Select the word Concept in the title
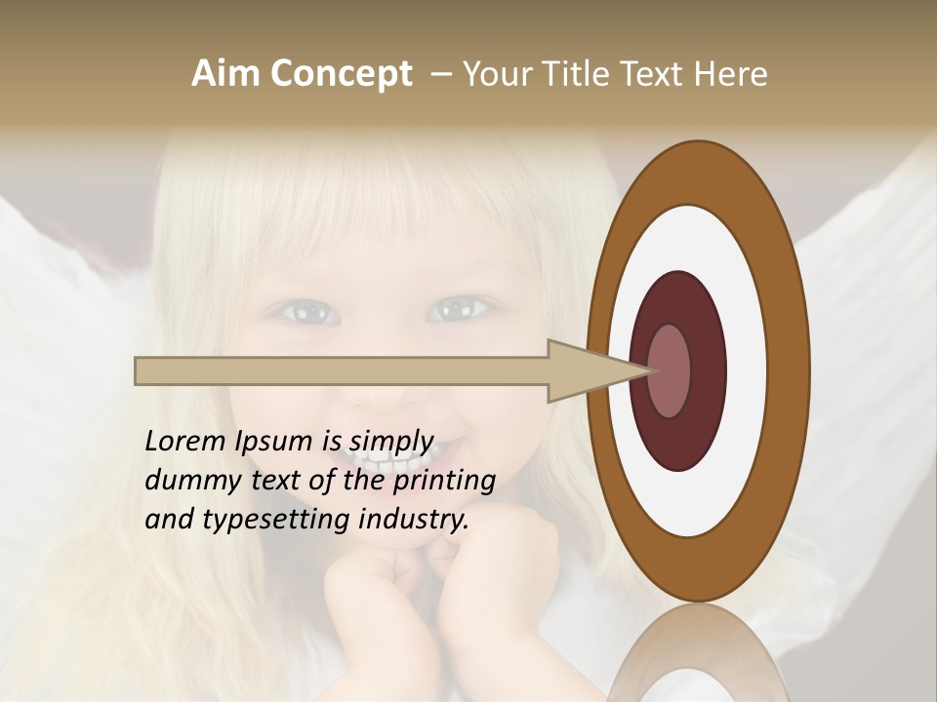(x=341, y=75)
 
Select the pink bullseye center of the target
(x=670, y=371)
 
